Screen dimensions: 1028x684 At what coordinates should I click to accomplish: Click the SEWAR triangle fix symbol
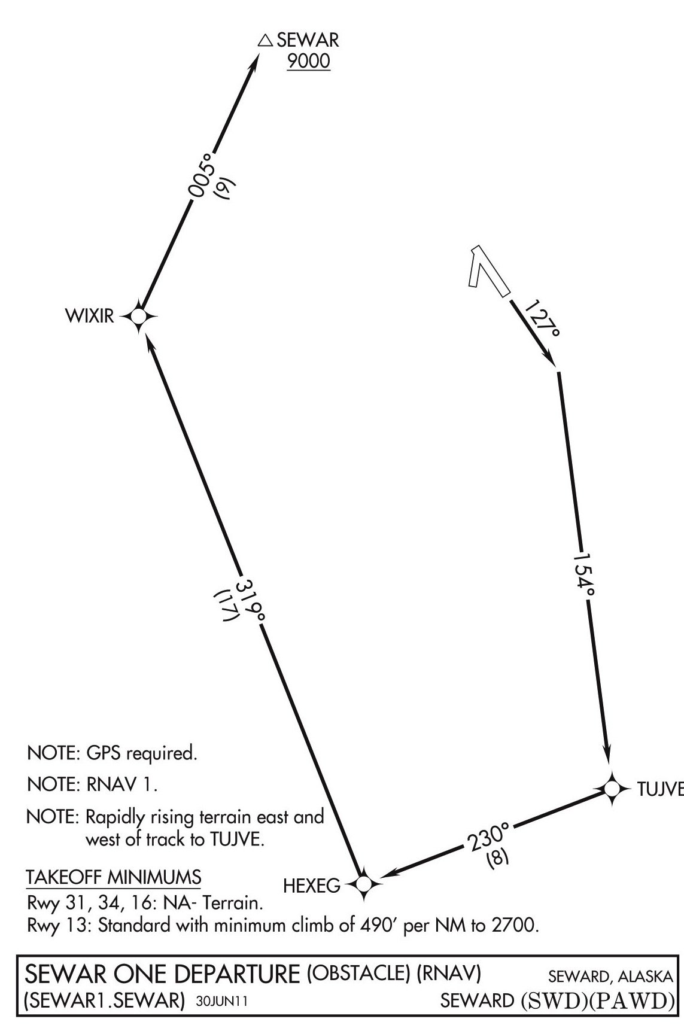265,41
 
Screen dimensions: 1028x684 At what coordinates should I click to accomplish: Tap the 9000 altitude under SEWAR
309,62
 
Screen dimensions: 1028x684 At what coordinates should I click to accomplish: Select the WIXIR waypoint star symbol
139,316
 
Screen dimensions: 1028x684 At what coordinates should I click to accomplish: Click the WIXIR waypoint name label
89,316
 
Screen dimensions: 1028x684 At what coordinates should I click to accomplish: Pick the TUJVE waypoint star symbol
612,789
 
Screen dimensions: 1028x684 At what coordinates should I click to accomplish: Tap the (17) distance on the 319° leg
227,606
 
